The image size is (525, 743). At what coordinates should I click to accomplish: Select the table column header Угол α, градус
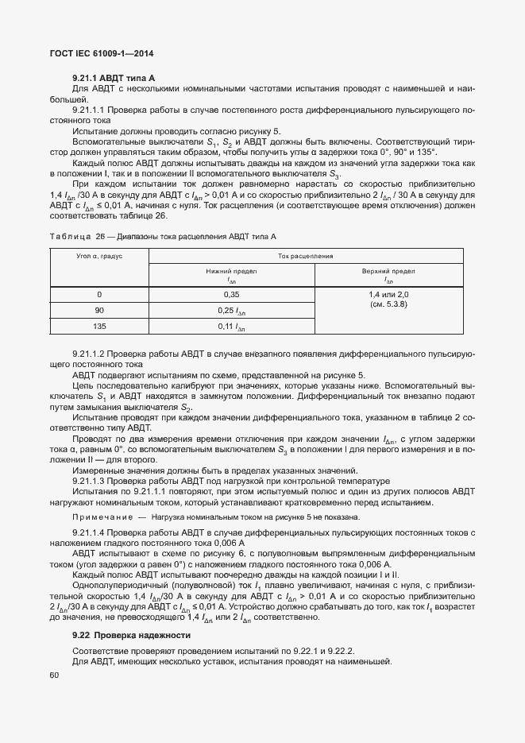coord(99,257)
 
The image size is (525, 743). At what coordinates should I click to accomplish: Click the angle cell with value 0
coord(99,294)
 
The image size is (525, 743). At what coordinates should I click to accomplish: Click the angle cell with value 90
coord(99,310)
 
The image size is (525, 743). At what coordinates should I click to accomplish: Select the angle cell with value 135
coord(99,326)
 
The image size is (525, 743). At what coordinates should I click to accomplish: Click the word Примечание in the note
coord(101,517)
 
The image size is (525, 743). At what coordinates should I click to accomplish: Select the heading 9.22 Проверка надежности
coord(131,634)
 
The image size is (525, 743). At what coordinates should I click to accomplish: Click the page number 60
coord(54,675)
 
